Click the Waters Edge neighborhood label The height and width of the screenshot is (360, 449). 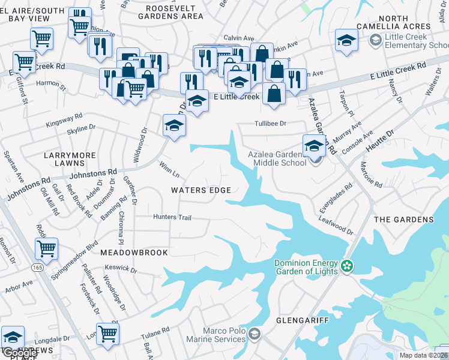200,190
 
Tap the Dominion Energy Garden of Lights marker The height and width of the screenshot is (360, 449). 346,265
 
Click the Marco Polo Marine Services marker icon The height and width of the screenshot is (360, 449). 255,333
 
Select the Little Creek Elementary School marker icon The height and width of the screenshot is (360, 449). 376,40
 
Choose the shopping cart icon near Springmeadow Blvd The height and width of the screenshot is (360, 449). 46,247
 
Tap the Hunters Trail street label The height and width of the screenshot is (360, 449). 172,217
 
